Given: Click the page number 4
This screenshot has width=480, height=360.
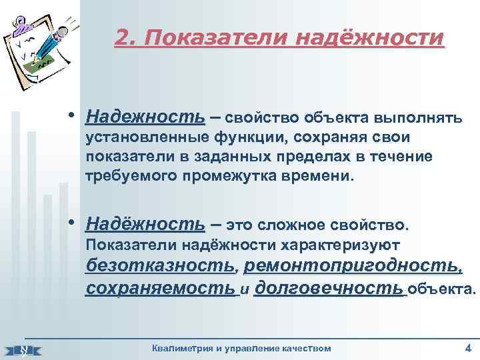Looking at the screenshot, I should (467, 347).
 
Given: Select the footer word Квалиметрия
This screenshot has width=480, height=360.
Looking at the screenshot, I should (180, 347).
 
